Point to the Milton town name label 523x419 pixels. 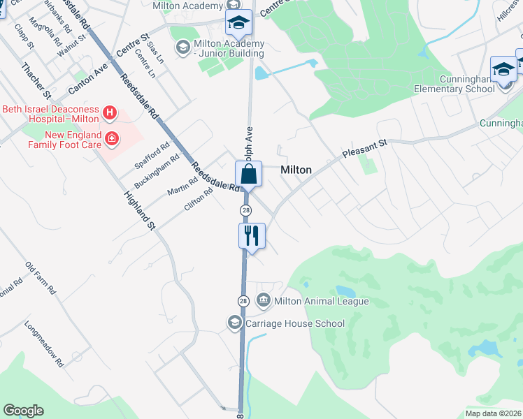tap(296, 170)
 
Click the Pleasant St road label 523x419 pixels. tap(364, 148)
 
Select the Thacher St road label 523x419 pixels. tap(36, 80)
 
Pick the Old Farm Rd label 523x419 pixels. tap(40, 279)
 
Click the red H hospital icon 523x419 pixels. tap(109, 112)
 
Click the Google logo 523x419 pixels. tap(23, 411)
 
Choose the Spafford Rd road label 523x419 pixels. tap(152, 156)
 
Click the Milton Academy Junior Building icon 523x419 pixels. tap(182, 47)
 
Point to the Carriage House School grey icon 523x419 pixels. tap(234, 323)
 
